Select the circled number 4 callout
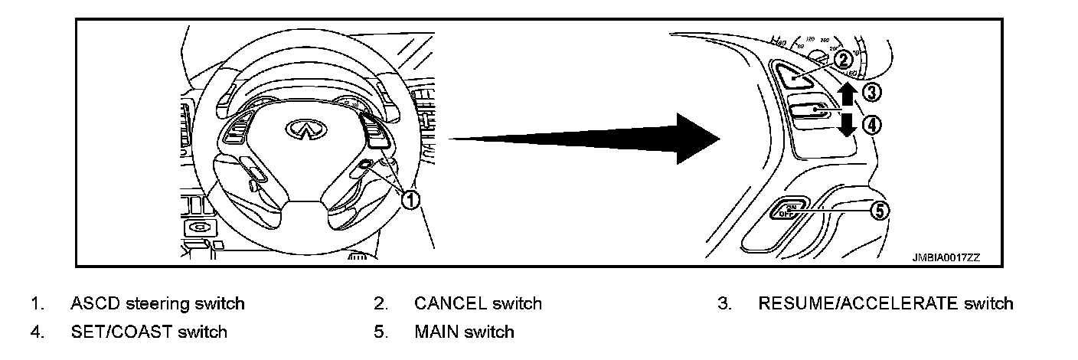(871, 124)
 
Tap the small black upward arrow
(845, 95)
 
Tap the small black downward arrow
(845, 124)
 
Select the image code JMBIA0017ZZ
(946, 257)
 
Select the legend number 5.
(379, 332)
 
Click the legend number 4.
(35, 332)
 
